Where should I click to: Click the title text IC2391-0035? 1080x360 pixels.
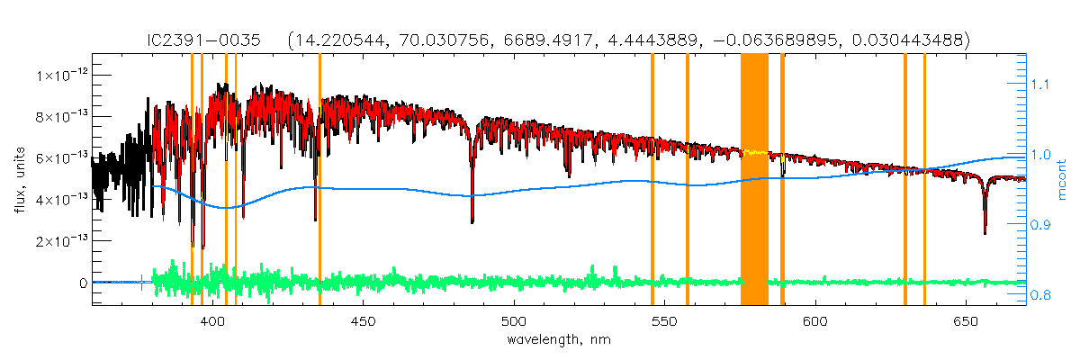click(204, 40)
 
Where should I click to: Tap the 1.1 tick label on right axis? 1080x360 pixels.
click(1040, 84)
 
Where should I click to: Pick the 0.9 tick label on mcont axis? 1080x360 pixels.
click(1040, 224)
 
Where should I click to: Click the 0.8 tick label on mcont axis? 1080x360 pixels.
click(1040, 294)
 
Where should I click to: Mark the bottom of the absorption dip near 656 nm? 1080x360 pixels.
click(985, 232)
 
